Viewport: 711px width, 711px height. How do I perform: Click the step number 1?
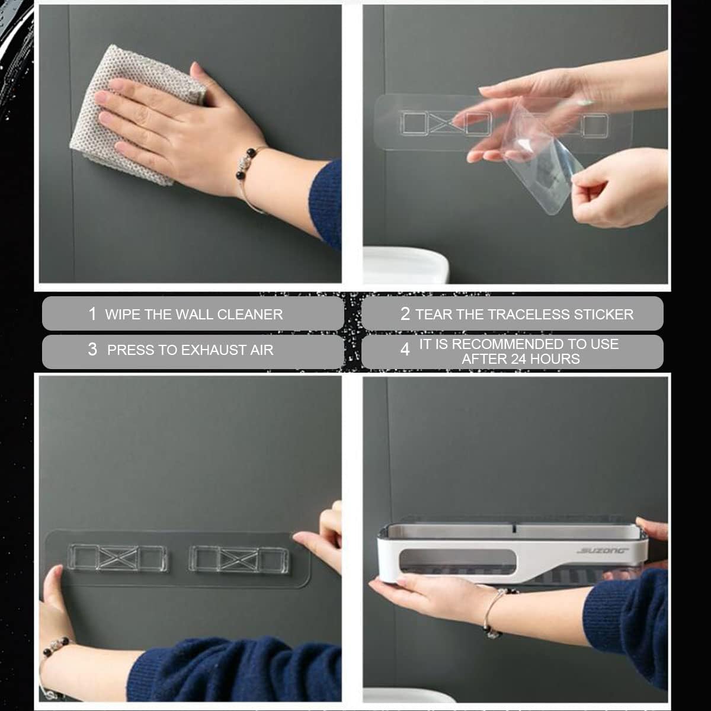(92, 314)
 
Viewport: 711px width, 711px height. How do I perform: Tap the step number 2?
(405, 314)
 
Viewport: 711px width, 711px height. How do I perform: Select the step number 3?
(92, 350)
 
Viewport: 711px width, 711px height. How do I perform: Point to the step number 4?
(405, 350)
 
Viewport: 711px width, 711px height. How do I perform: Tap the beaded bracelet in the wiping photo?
(247, 174)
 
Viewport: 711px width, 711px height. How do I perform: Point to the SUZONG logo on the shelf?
(602, 551)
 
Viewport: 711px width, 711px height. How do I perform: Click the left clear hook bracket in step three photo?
(117, 558)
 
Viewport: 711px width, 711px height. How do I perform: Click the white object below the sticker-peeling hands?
(406, 265)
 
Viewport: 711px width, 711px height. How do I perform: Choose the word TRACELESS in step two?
(530, 315)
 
